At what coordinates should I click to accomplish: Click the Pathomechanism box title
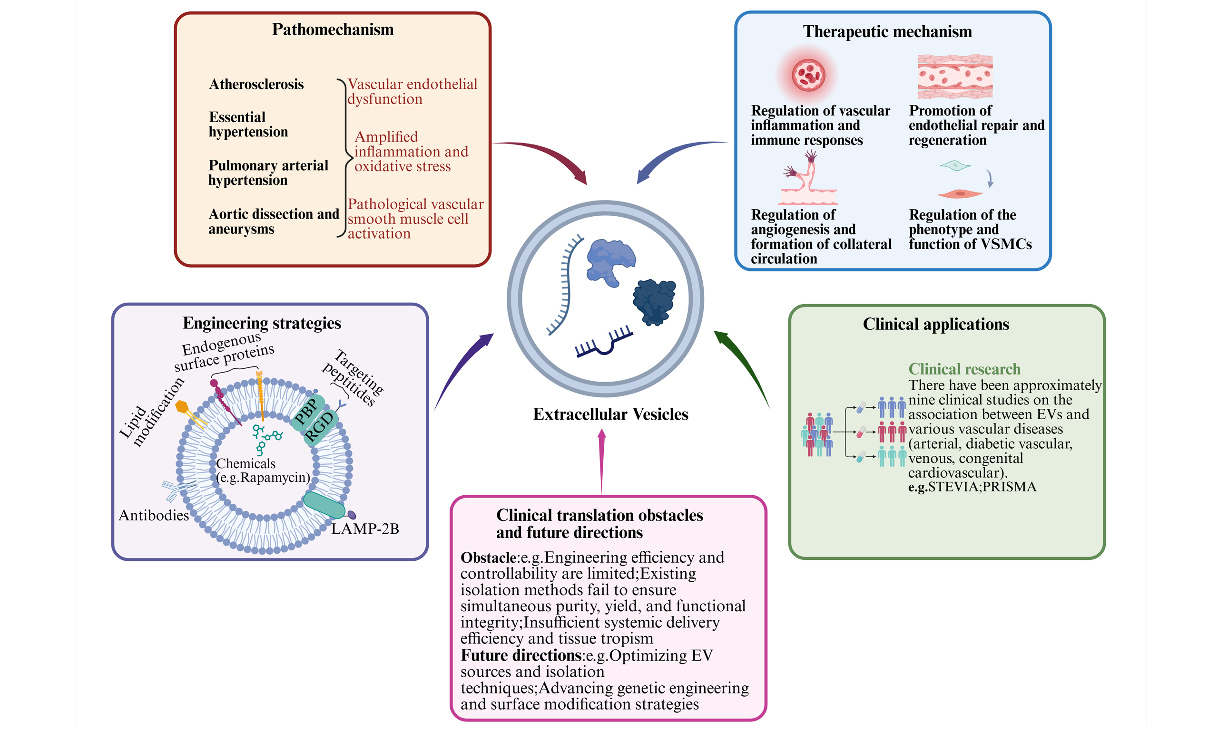[332, 29]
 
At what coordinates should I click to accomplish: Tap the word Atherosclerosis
[256, 84]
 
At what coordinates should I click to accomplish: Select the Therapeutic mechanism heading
[887, 31]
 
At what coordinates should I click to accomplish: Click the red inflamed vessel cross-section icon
[808, 75]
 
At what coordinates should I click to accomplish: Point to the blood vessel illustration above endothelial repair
[954, 76]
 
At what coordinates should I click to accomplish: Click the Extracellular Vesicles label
[610, 414]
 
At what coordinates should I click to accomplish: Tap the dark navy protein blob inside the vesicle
[654, 301]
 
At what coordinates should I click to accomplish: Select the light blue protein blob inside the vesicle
[609, 261]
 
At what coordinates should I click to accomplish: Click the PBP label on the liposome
[306, 411]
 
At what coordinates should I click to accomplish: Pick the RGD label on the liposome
[320, 426]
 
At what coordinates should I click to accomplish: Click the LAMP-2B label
[365, 529]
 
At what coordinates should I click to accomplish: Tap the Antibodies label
[154, 515]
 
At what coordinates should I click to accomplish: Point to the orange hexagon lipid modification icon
[182, 407]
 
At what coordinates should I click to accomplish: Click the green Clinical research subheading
[964, 369]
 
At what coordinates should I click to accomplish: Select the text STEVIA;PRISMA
[982, 487]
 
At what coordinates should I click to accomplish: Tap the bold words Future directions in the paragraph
[521, 655]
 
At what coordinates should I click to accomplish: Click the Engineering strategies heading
[261, 323]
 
